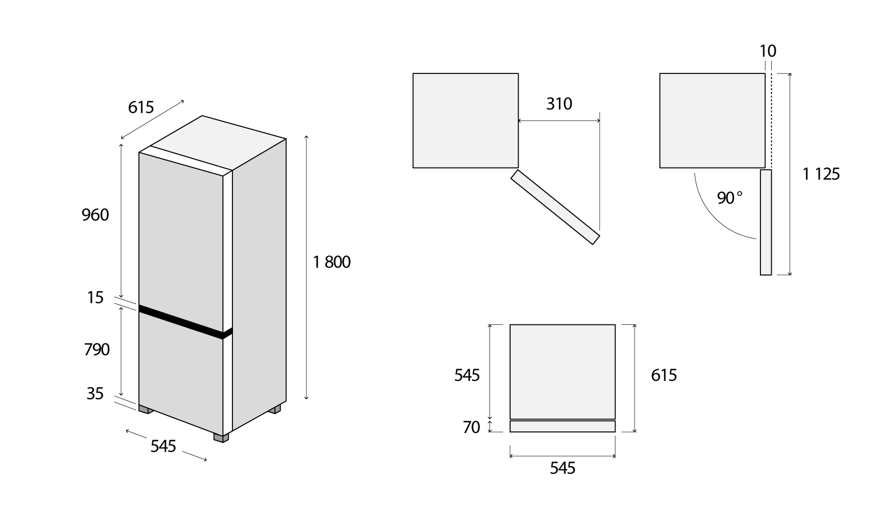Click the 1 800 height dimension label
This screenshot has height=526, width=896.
point(332,262)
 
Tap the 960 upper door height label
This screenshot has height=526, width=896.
point(95,215)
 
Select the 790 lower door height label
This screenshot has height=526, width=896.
point(97,350)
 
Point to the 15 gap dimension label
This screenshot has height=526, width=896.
point(95,297)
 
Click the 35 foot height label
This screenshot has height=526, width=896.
point(95,394)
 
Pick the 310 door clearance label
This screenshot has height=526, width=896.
point(559,104)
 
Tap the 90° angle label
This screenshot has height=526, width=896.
point(730,198)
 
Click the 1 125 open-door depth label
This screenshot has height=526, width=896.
point(821,174)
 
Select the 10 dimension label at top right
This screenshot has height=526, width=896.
point(768,51)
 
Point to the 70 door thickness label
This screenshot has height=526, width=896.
point(471,427)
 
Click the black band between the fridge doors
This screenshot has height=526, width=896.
point(185,322)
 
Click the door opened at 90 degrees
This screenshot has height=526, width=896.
point(766,222)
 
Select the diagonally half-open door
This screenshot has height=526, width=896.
point(555,207)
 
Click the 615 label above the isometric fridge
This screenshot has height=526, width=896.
point(141,108)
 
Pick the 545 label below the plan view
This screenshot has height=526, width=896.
point(562,468)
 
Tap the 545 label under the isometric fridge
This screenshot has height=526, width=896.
point(163,446)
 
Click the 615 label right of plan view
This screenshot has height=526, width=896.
point(664,375)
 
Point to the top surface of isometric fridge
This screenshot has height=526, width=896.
point(218,143)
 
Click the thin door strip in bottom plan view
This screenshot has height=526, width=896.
point(562,426)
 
